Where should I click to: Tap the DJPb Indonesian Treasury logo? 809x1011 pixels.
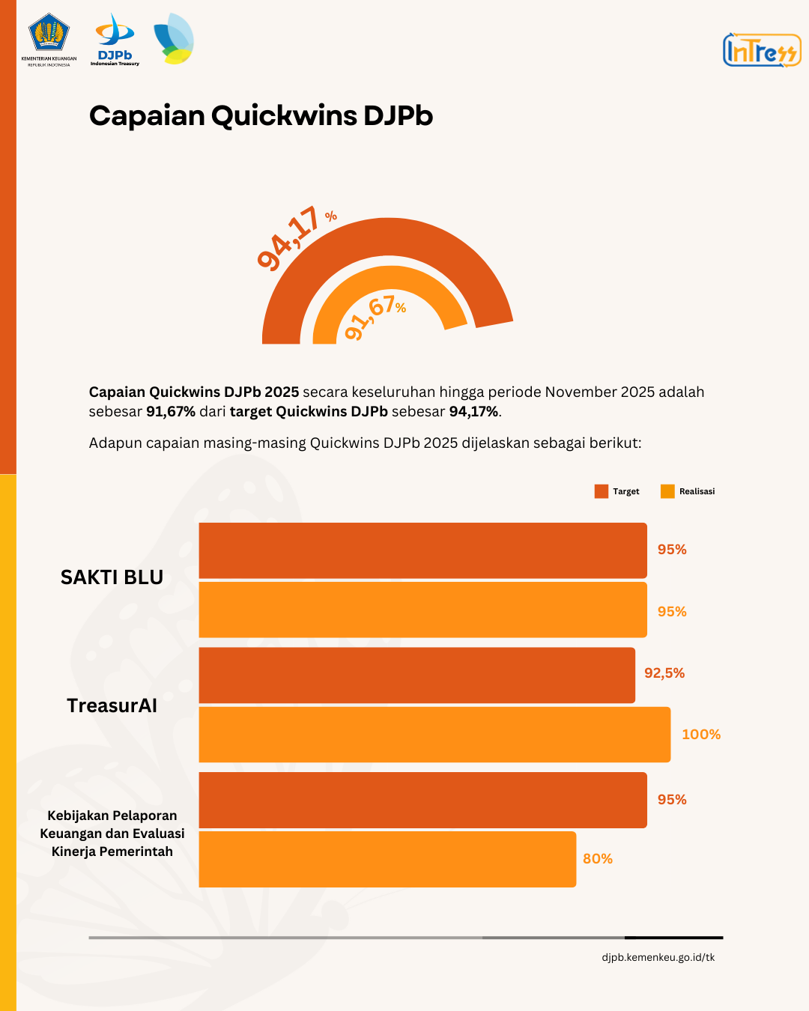tap(115, 40)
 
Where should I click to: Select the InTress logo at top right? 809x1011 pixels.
tap(761, 50)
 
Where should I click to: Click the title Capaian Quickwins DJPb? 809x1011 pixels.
tap(261, 116)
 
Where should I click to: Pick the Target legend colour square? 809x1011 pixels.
tap(601, 491)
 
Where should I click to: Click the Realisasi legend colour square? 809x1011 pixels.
tap(667, 491)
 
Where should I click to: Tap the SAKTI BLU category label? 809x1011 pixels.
tap(112, 577)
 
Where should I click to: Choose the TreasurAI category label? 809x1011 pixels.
tap(112, 705)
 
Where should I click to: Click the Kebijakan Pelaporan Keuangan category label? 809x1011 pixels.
tap(112, 834)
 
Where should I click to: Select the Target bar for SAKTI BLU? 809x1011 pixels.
tap(422, 550)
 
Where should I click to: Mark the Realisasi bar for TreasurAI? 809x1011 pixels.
tap(434, 735)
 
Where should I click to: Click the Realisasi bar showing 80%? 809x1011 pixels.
tap(387, 859)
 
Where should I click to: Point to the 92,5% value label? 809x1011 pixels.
tap(664, 673)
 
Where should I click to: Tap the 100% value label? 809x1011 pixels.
tap(701, 735)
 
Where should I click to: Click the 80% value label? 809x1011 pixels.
tap(598, 859)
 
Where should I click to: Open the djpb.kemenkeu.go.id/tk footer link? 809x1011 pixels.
tap(658, 957)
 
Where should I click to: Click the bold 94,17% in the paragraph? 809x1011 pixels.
tap(473, 411)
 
